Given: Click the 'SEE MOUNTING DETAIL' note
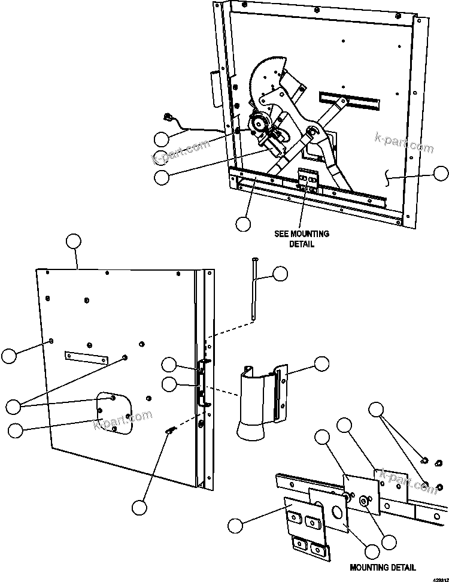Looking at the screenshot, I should click(x=302, y=238).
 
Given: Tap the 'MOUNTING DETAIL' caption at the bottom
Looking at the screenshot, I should click(x=383, y=567).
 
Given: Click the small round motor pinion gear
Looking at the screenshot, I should click(x=259, y=124).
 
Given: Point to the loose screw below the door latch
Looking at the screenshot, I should click(x=170, y=431).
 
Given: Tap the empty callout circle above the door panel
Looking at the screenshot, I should click(x=73, y=242).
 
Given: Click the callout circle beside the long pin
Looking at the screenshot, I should click(x=280, y=274).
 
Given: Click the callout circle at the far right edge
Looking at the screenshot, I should click(x=441, y=174).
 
